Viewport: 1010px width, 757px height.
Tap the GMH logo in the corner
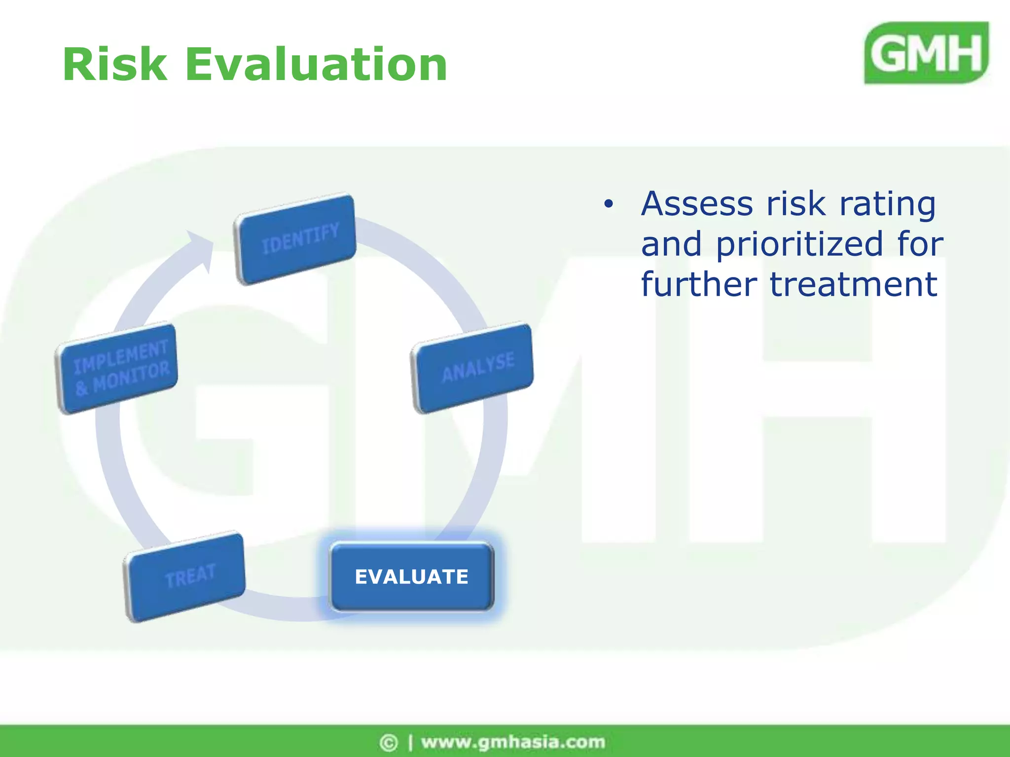pyautogui.click(x=926, y=53)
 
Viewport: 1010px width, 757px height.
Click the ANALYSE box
pyautogui.click(x=472, y=368)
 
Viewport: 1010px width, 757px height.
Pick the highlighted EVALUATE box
pyautogui.click(x=411, y=577)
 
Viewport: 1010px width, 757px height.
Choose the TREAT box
pyautogui.click(x=185, y=577)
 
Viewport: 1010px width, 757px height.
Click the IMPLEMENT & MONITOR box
pyautogui.click(x=117, y=368)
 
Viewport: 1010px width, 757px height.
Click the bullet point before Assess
pyautogui.click(x=609, y=204)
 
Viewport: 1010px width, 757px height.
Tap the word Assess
pyautogui.click(x=697, y=204)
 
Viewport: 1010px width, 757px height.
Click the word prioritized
pyautogui.click(x=799, y=244)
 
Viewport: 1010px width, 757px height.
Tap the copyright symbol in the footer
pyautogui.click(x=389, y=742)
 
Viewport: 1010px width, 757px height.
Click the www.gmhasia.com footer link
pyautogui.click(x=513, y=742)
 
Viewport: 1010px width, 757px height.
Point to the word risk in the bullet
pyautogui.click(x=795, y=204)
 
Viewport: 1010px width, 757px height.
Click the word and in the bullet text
pyautogui.click(x=671, y=244)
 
